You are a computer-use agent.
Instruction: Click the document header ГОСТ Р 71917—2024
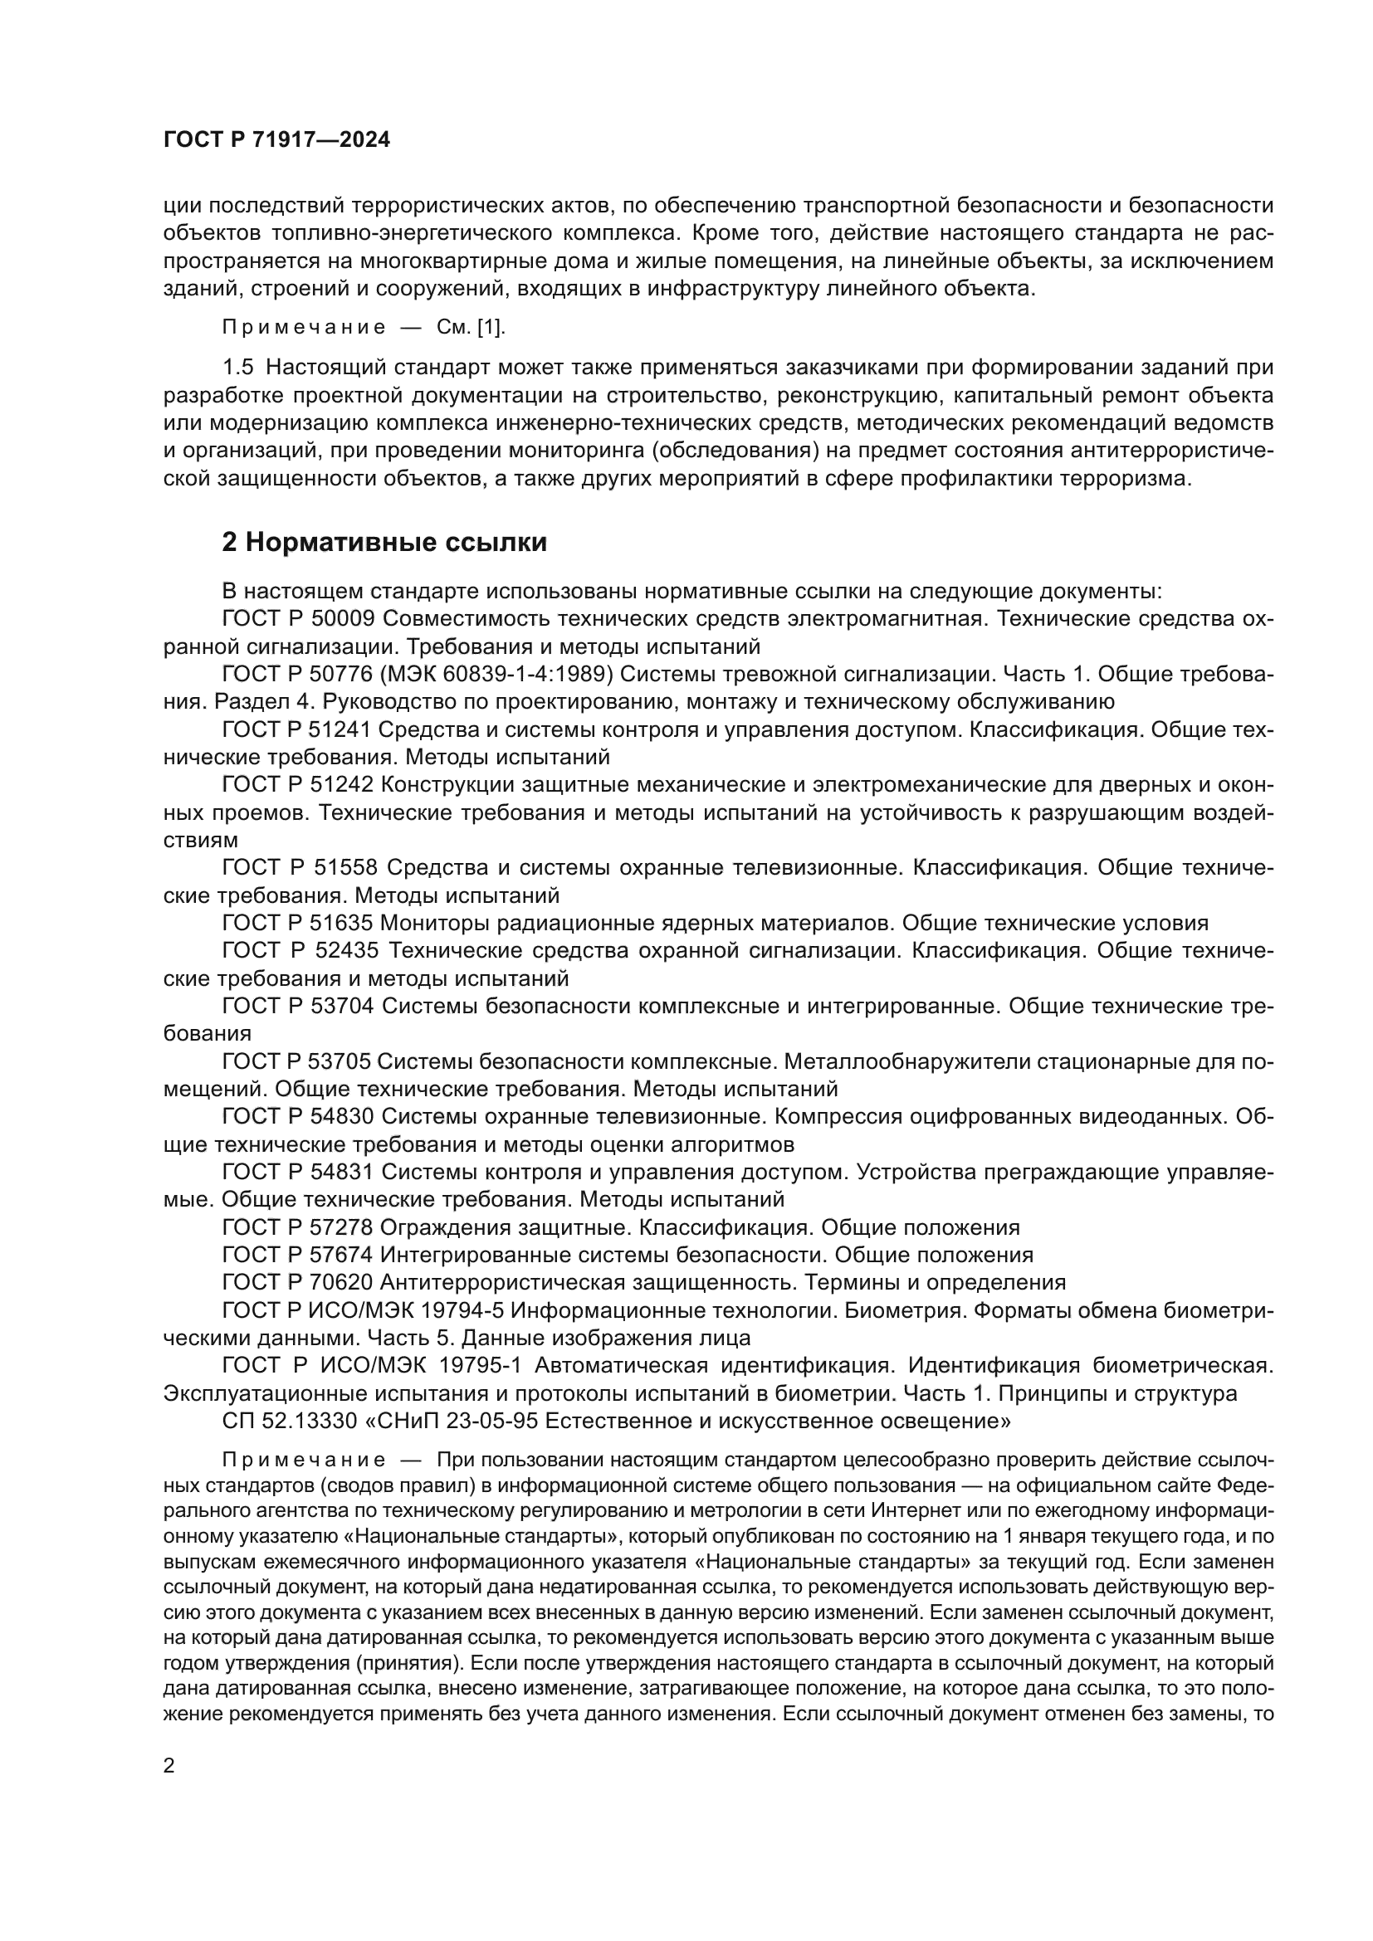click(x=276, y=140)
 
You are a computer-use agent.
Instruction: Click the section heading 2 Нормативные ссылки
click(x=384, y=542)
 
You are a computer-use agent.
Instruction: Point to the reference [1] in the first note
click(x=491, y=327)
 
